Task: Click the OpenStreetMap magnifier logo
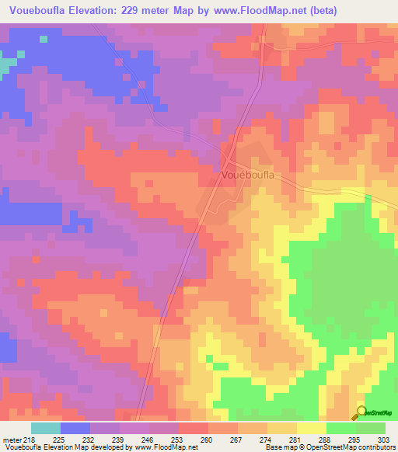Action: pos(361,412)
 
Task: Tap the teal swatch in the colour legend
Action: pos(46,428)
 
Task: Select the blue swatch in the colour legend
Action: pos(75,428)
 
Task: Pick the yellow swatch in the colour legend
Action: pos(312,428)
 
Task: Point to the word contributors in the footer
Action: pos(375,447)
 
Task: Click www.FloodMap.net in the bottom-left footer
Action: pos(165,447)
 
